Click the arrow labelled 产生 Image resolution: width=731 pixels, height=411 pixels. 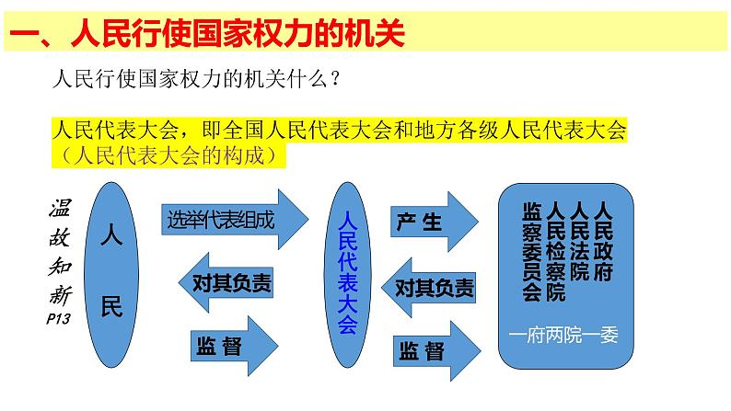point(432,222)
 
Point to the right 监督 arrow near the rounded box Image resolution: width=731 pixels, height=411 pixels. point(433,350)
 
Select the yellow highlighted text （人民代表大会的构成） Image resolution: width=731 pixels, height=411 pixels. point(171,155)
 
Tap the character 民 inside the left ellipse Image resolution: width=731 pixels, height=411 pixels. point(110,306)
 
